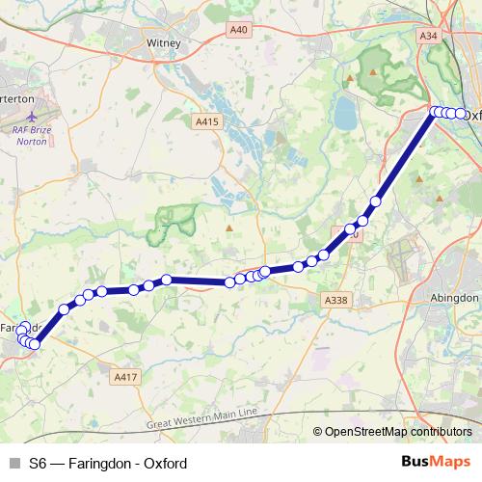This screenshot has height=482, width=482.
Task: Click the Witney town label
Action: click(x=163, y=42)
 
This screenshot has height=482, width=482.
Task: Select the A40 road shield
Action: click(x=239, y=31)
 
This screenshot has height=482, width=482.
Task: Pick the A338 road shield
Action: click(x=335, y=301)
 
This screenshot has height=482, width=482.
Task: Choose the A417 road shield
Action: click(x=126, y=376)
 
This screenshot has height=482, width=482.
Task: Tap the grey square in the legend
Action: click(x=13, y=464)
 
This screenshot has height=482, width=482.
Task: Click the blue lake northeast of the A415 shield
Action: click(x=344, y=115)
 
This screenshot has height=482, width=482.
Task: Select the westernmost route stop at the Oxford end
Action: click(x=435, y=112)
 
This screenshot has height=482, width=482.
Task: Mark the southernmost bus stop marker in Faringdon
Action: click(x=34, y=344)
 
